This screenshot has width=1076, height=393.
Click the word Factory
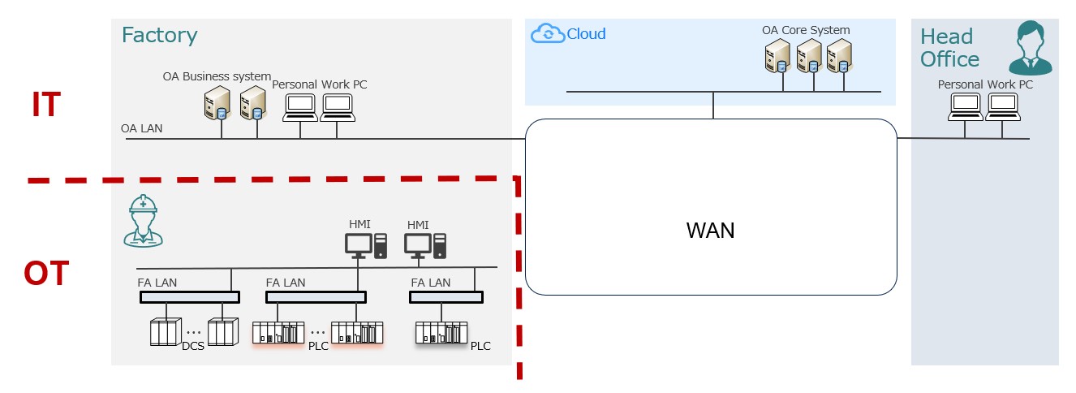[x=159, y=36]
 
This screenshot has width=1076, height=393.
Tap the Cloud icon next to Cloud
[x=547, y=34]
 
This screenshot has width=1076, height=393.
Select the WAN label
[x=710, y=231]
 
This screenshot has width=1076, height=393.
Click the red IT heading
[x=46, y=106]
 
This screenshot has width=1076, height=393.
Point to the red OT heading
[x=46, y=274]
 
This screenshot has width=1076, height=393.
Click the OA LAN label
[x=140, y=128]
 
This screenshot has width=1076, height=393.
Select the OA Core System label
[x=806, y=31]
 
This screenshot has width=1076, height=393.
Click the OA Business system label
[x=217, y=77]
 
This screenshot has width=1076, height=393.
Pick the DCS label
[x=192, y=347]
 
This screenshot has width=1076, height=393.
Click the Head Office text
[x=949, y=48]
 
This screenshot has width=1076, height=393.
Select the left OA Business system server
[x=217, y=103]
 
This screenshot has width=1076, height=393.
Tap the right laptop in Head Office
[x=1001, y=106]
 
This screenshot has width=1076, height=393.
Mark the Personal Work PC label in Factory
[x=314, y=84]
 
